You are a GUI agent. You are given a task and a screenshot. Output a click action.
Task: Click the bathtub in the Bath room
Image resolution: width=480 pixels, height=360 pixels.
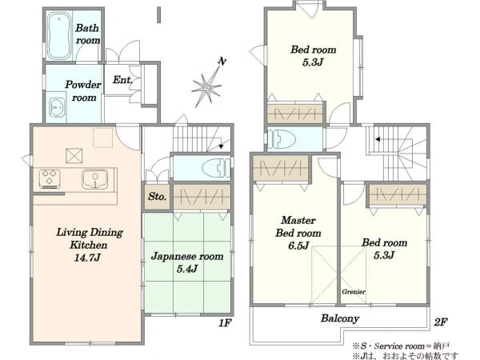pyautogui.click(x=58, y=35)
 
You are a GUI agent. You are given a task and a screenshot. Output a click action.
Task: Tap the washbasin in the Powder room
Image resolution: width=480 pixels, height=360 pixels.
pyautogui.click(x=57, y=107)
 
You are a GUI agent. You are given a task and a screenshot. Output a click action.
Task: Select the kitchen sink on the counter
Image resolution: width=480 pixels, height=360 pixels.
pyautogui.click(x=95, y=179)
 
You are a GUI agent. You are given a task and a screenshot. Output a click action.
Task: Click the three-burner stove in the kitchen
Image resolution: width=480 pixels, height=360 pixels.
pyautogui.click(x=50, y=178)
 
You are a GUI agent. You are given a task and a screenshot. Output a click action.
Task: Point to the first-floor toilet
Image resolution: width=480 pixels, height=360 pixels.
pyautogui.click(x=216, y=167)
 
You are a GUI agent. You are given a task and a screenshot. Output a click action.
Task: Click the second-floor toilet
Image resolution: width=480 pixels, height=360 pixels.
pyautogui.click(x=282, y=139)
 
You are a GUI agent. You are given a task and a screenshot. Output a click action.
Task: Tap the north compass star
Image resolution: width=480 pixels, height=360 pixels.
pyautogui.click(x=206, y=87)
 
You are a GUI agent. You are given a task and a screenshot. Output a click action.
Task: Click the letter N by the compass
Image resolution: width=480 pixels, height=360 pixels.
pyautogui.click(x=222, y=62)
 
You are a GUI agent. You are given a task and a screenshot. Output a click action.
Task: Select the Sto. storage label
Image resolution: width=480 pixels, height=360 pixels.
pyautogui.click(x=157, y=197)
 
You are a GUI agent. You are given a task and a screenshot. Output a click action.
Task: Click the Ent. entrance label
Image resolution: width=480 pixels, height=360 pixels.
pyautogui.click(x=122, y=80)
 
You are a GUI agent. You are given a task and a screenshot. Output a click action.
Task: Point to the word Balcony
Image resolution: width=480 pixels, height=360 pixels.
pyautogui.click(x=340, y=318)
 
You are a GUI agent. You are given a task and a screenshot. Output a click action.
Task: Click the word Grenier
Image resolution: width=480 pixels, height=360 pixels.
pyautogui.click(x=354, y=292)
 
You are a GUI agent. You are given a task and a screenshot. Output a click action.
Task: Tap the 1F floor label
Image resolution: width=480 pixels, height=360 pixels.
pyautogui.click(x=225, y=323)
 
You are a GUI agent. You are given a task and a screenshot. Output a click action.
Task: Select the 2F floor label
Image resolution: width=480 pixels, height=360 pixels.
pyautogui.click(x=441, y=322)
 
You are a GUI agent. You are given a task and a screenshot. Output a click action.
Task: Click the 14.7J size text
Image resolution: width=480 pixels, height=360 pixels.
pyautogui.click(x=87, y=258)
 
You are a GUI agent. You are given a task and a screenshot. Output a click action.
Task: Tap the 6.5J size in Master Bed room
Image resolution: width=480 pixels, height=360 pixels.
pyautogui.click(x=298, y=246)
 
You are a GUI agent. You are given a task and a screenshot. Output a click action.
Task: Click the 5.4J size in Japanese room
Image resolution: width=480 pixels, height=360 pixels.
pyautogui.click(x=187, y=269)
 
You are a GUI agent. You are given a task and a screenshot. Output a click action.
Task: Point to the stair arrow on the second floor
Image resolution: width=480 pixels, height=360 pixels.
pyautogui.click(x=378, y=139)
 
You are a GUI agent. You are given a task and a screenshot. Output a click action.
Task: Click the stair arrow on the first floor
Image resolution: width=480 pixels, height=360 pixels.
pyautogui.click(x=221, y=146)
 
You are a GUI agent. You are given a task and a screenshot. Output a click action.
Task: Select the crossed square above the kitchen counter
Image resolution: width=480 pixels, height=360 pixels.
pyautogui.click(x=74, y=156)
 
